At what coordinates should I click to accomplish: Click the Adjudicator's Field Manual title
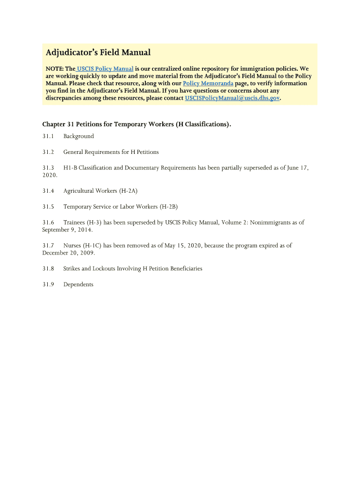(98, 52)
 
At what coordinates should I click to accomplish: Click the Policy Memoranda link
(208, 83)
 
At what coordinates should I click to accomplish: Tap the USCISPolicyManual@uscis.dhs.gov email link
(232, 98)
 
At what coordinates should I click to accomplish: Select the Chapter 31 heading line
(137, 124)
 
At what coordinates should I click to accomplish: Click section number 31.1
(48, 136)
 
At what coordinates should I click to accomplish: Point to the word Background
(79, 136)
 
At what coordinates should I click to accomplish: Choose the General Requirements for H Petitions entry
(111, 152)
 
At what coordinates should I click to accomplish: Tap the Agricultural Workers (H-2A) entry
(100, 191)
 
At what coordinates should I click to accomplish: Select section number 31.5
(48, 206)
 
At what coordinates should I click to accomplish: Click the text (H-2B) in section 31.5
(168, 206)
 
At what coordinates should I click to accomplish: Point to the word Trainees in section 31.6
(74, 222)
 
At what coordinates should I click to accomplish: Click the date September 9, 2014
(67, 230)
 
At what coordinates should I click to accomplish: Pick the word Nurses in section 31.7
(72, 245)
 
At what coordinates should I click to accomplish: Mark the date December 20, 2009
(68, 253)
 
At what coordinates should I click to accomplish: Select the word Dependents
(78, 284)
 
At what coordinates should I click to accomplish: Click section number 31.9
(48, 284)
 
